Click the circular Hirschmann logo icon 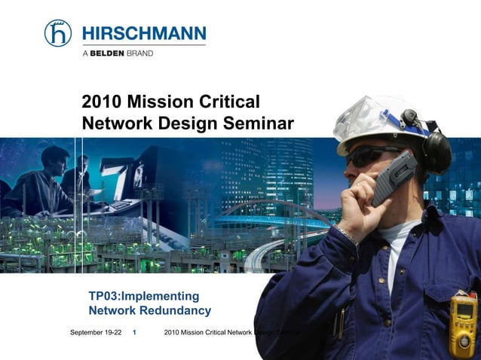[58, 33]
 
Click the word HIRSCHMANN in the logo [143, 33]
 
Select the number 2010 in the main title [101, 102]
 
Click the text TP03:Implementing [144, 295]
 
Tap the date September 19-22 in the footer [96, 332]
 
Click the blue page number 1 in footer [134, 332]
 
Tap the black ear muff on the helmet [435, 151]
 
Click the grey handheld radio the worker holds [394, 177]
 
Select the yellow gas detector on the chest [462, 324]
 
